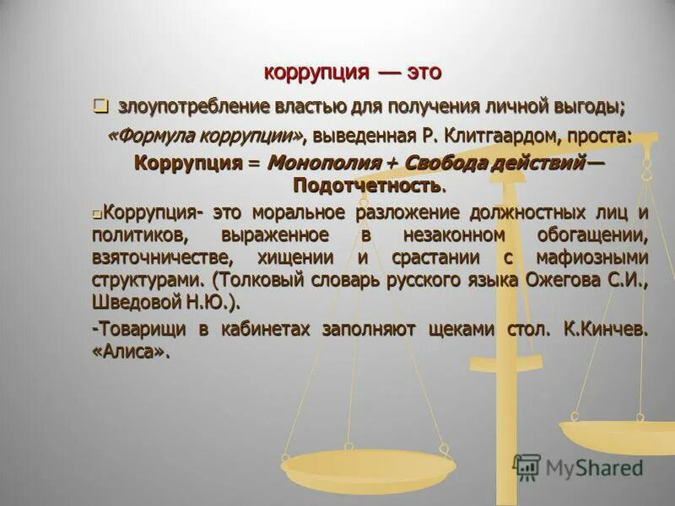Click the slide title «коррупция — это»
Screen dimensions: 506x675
pyautogui.click(x=352, y=73)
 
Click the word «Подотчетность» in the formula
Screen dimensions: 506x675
pyautogui.click(x=367, y=184)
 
